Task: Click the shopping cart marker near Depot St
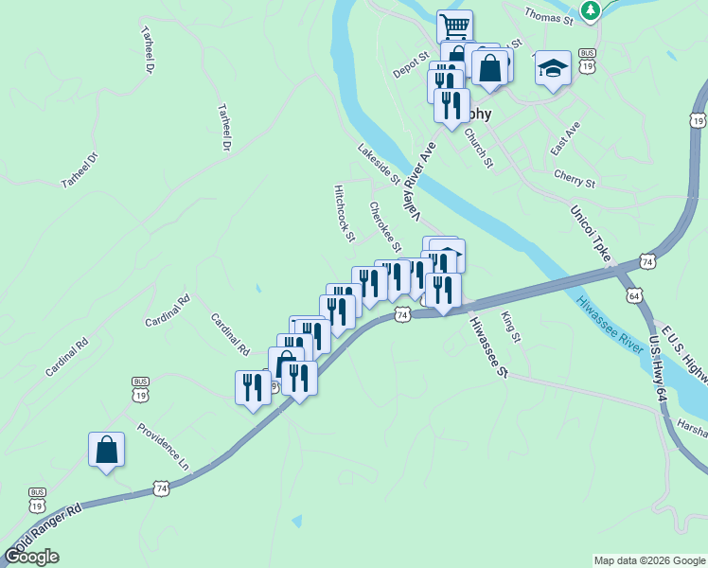[455, 26]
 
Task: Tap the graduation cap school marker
[553, 67]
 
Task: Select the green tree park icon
[592, 9]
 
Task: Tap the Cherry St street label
[575, 181]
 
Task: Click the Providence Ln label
[163, 447]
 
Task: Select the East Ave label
[565, 138]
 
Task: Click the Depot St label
[411, 65]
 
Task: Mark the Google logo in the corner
[32, 557]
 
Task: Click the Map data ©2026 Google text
[649, 560]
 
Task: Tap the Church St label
[479, 148]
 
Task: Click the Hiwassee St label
[487, 346]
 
